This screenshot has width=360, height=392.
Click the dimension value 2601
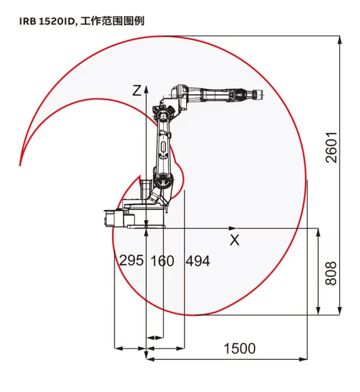[x=332, y=147]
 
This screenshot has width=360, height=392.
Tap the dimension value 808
[x=331, y=273]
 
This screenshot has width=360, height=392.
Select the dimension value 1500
[x=240, y=348]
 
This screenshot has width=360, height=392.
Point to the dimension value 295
[x=131, y=260]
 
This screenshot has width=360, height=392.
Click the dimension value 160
[x=162, y=261]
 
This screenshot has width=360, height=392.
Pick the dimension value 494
[x=198, y=261]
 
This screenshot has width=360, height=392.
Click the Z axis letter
[x=137, y=91]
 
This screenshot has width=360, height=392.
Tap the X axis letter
[x=235, y=240]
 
